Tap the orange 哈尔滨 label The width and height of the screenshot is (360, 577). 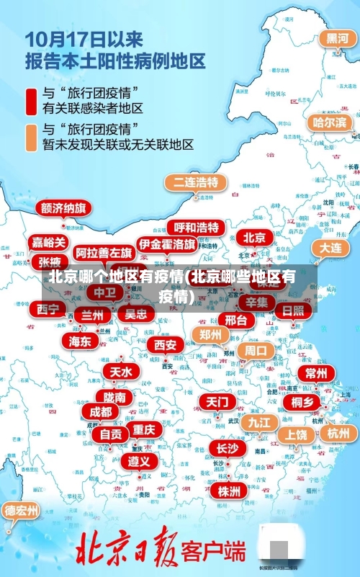click(x=329, y=122)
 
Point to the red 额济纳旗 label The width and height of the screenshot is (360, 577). click(x=64, y=208)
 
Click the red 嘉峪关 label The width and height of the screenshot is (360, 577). click(x=49, y=243)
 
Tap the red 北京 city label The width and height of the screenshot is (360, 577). click(x=253, y=237)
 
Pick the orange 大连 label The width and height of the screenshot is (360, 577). click(x=330, y=247)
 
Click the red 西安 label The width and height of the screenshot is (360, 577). click(x=166, y=345)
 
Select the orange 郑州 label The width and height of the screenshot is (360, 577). click(x=211, y=334)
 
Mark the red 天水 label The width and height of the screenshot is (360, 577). click(x=120, y=372)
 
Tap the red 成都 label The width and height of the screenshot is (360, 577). click(x=101, y=411)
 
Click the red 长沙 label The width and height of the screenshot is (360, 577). click(x=227, y=448)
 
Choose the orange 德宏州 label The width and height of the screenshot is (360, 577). click(x=22, y=511)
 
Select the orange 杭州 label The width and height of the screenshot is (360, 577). click(x=338, y=433)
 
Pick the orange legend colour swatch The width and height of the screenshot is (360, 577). click(x=31, y=137)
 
